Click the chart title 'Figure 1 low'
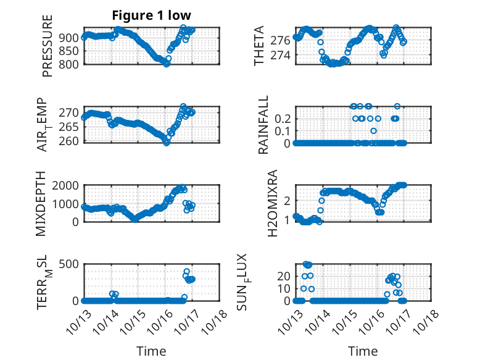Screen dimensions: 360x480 152,15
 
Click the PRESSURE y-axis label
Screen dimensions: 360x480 48,46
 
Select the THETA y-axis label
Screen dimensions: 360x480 259,46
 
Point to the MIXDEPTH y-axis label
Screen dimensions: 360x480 41,204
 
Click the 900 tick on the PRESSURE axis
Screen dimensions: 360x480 71,37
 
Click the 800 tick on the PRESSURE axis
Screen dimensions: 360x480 71,64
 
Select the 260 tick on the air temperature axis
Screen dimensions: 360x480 71,141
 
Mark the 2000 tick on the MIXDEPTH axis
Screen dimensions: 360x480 68,185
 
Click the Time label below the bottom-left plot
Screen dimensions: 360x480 152,351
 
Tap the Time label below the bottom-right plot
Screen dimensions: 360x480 363,351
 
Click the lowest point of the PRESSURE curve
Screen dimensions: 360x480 167,64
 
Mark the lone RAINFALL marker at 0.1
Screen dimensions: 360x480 373,130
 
